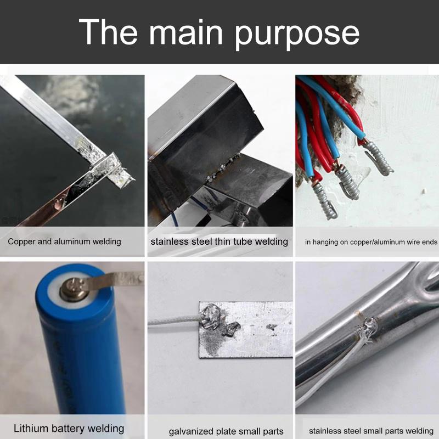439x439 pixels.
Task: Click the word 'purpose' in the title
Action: click(x=297, y=33)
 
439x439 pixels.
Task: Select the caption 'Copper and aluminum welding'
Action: click(x=64, y=241)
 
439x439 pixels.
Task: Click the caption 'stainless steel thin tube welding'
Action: click(x=219, y=241)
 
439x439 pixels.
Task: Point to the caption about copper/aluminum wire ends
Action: click(x=371, y=242)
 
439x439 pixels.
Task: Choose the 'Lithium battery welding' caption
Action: click(x=69, y=429)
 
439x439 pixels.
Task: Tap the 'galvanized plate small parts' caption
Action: click(x=226, y=431)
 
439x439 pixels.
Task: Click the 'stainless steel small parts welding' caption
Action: click(x=371, y=431)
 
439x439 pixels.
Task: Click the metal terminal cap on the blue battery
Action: click(x=74, y=290)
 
